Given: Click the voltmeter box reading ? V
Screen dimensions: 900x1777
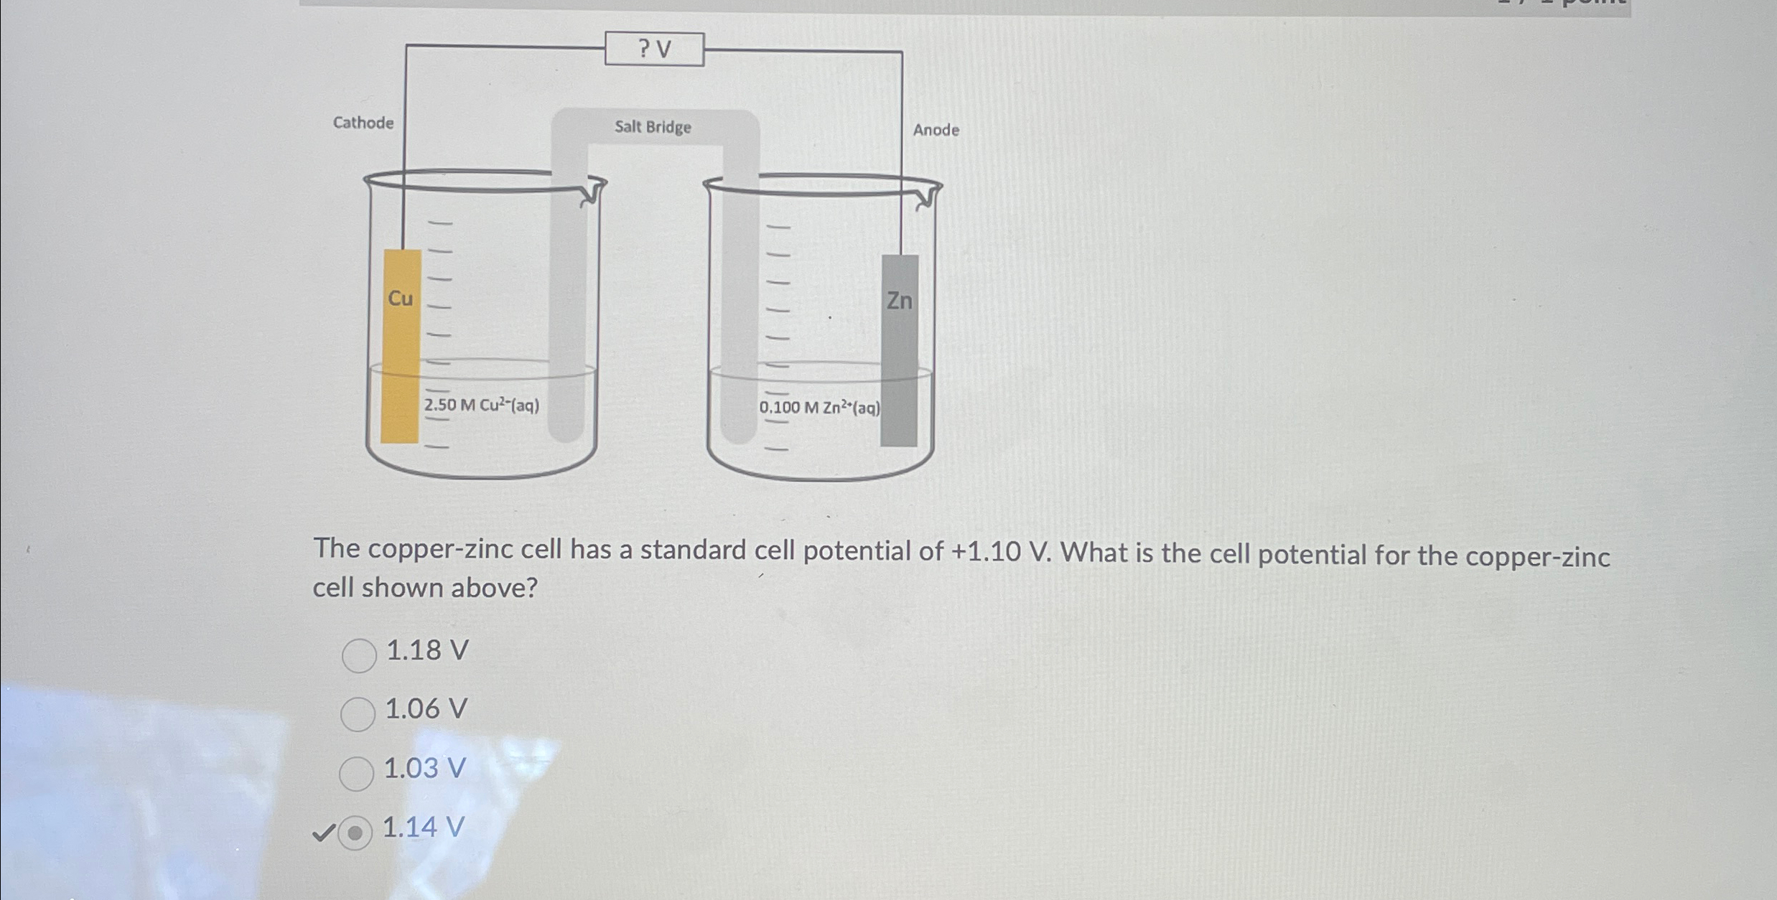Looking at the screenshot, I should (654, 49).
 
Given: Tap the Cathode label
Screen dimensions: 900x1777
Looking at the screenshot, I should (363, 123).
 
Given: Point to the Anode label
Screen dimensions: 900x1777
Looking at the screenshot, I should (936, 130).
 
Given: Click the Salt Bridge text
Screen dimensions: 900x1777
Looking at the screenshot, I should (653, 127).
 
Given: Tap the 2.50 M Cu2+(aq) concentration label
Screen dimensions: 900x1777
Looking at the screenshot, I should (482, 406).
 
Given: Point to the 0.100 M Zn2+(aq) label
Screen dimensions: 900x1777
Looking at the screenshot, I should (819, 408).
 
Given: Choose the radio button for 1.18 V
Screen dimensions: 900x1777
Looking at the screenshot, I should (359, 655).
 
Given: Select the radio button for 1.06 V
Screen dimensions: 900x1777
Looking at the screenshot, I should (358, 714).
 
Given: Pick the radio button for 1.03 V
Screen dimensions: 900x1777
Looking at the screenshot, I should (356, 773).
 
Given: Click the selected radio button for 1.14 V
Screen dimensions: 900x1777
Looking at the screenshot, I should (355, 833).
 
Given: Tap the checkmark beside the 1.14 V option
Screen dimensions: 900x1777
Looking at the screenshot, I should (323, 833).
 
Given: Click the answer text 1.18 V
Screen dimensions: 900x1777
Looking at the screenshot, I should (427, 650).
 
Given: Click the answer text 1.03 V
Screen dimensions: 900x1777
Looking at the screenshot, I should (425, 769).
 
